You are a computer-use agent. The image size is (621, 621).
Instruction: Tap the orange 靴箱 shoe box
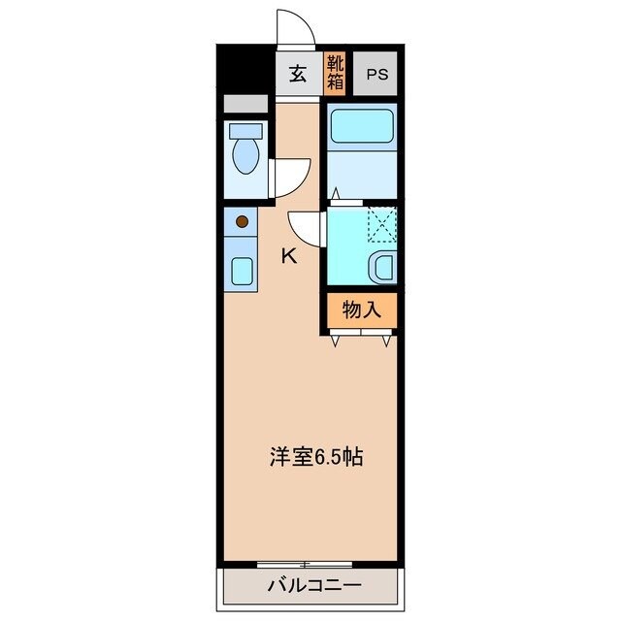[x=336, y=74]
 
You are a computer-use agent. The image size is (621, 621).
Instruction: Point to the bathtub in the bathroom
[x=362, y=126]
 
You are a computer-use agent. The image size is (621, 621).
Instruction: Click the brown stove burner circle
[x=242, y=222]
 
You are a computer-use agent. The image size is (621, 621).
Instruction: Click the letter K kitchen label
[x=288, y=256]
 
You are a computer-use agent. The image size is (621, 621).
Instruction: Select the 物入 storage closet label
[x=360, y=310]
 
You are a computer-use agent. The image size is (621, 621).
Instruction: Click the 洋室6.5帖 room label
[x=315, y=456]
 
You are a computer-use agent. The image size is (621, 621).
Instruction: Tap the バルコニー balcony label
[x=312, y=585]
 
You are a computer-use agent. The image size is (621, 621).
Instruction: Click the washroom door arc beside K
[x=307, y=229]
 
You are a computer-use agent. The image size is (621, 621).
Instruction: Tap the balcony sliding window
[x=305, y=564]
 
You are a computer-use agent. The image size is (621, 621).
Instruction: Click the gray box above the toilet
[x=245, y=104]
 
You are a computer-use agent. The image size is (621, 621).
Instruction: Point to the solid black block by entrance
[x=244, y=71]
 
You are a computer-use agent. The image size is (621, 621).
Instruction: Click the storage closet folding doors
[x=361, y=335]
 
